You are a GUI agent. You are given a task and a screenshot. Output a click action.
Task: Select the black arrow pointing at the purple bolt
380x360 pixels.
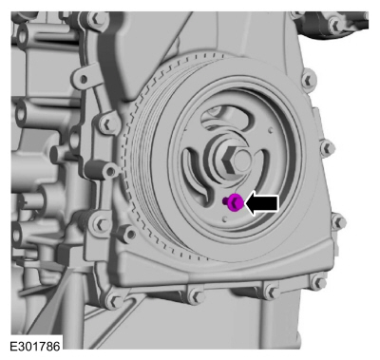pyautogui.click(x=262, y=203)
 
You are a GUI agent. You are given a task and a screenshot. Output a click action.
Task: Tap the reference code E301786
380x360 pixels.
pyautogui.click(x=35, y=347)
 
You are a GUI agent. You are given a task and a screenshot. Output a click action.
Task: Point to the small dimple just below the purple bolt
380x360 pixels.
pyautogui.click(x=225, y=218)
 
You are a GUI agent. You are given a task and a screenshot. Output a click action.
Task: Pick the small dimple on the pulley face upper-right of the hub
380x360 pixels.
pyautogui.click(x=271, y=129)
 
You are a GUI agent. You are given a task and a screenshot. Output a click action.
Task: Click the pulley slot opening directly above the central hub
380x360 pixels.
pyautogui.click(x=225, y=118)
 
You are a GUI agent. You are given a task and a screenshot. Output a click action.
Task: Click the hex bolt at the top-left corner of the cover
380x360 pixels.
pyautogui.click(x=94, y=20)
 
